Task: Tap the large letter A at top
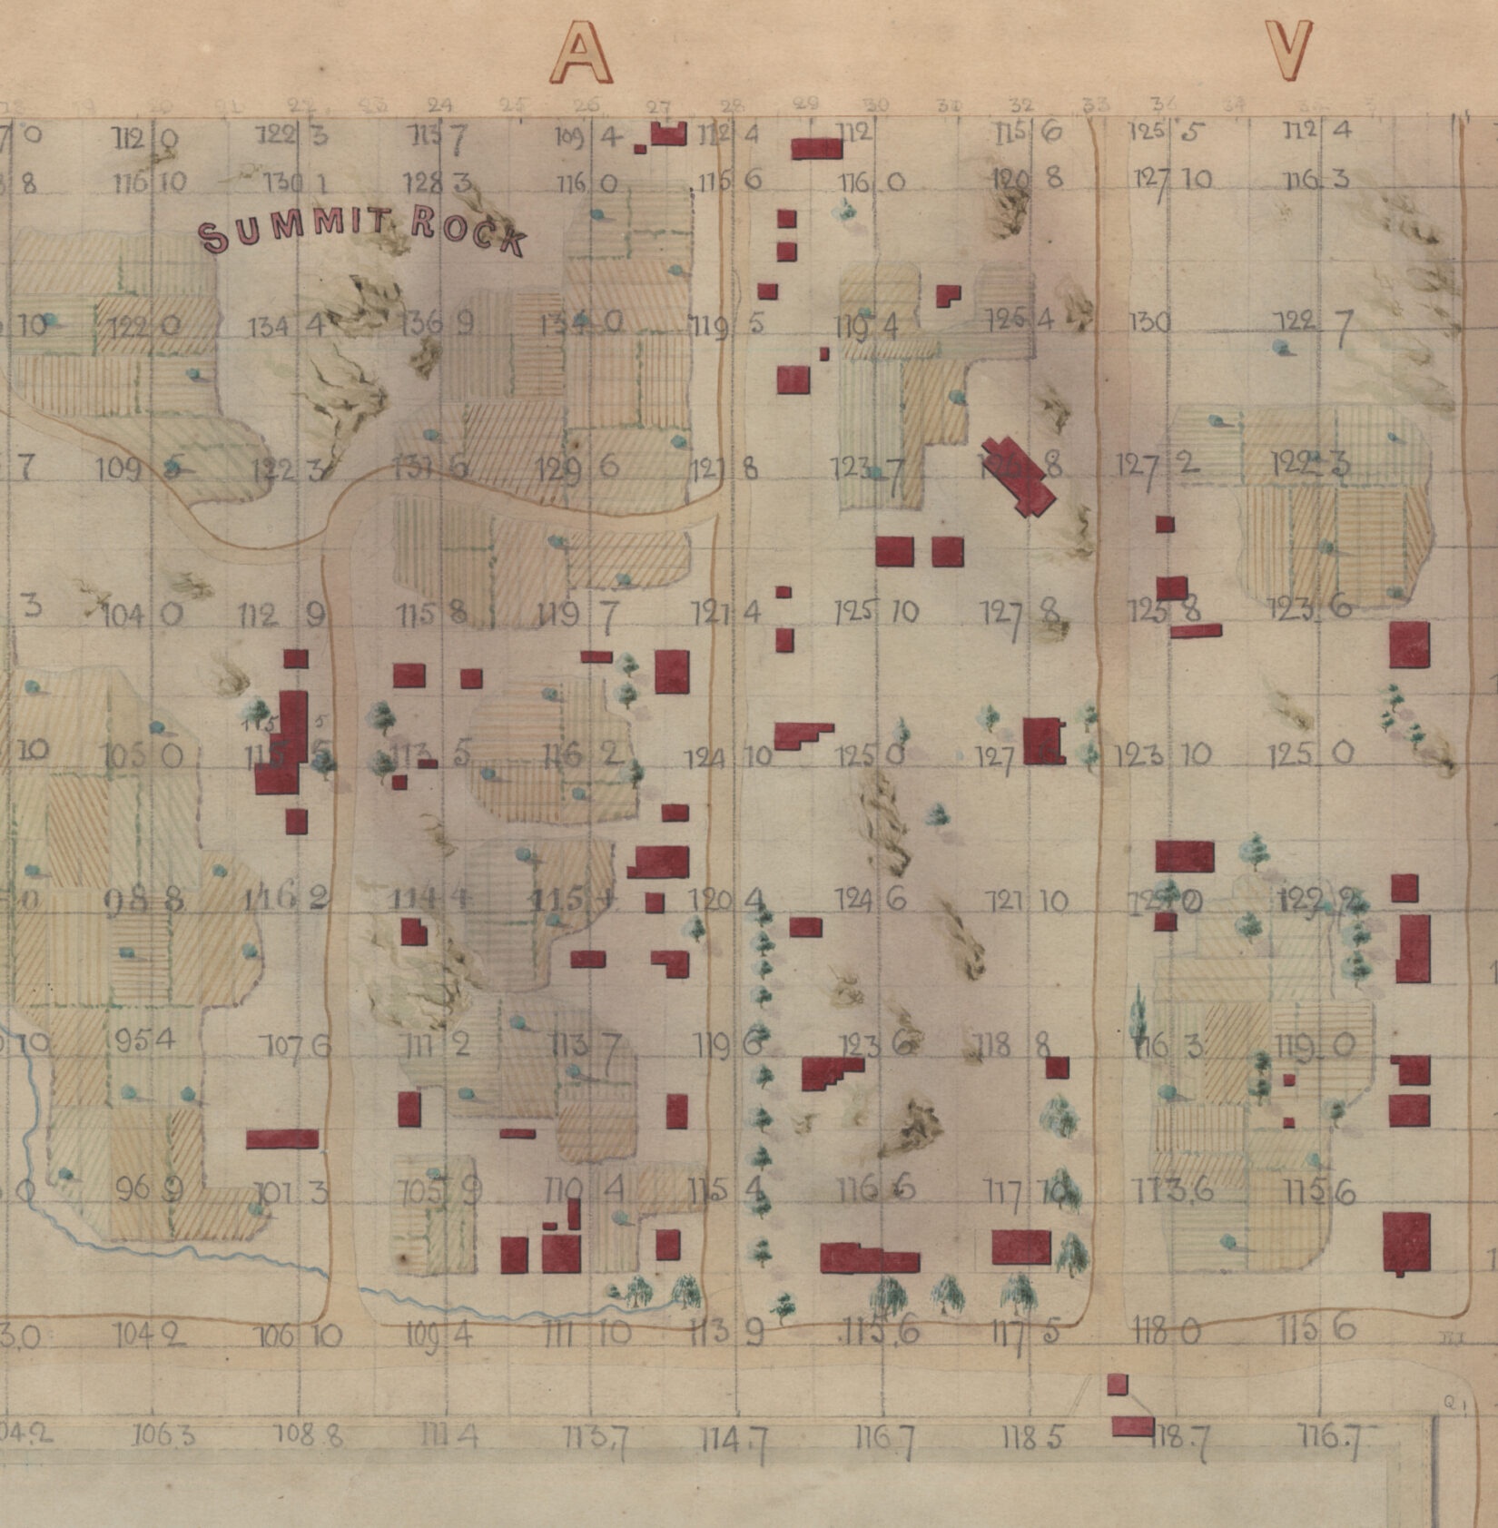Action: (583, 52)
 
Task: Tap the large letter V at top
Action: (1290, 50)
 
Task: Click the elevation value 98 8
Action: (145, 900)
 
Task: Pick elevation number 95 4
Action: (144, 1039)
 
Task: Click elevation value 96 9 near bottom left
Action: (150, 1187)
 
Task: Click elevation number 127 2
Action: (1157, 464)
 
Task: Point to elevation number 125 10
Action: (877, 612)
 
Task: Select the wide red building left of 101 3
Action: (282, 1139)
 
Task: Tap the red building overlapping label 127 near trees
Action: (1044, 741)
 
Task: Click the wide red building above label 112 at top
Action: (817, 148)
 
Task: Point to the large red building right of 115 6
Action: (1406, 1242)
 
